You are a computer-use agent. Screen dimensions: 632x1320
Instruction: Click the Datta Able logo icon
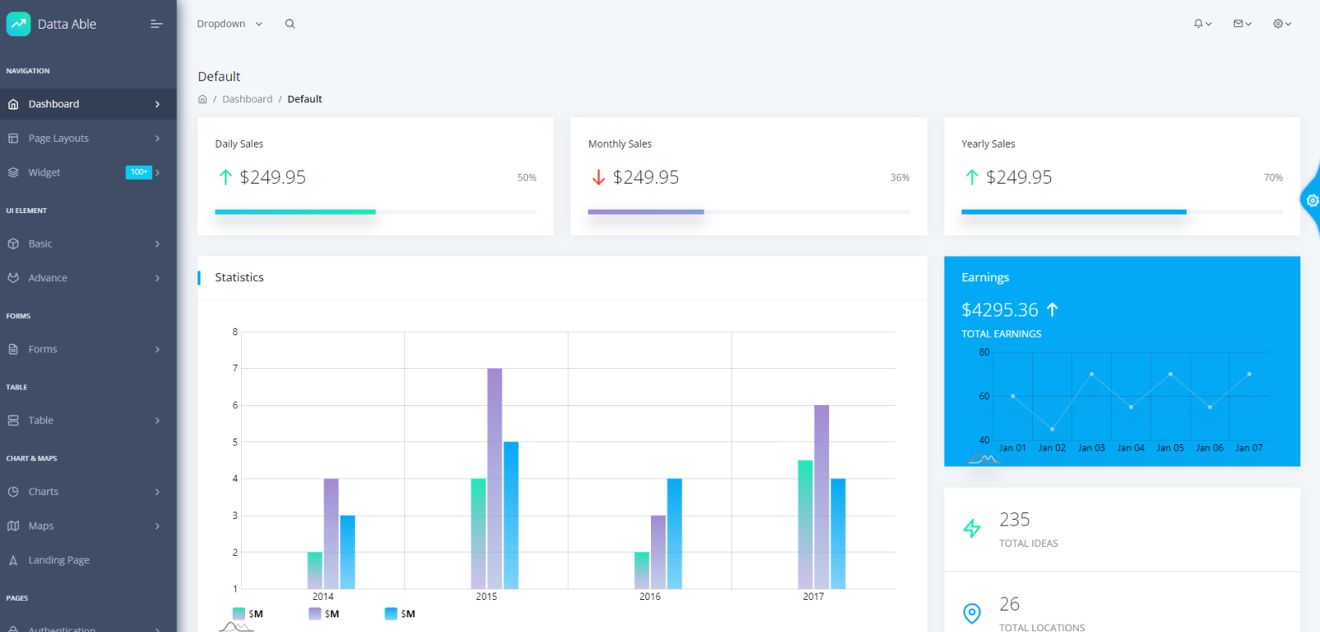pos(18,24)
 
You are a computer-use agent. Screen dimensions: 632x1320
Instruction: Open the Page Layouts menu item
pos(59,139)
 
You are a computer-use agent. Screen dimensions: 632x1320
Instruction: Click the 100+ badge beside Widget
pos(139,172)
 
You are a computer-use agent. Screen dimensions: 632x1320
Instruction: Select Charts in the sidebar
pos(43,492)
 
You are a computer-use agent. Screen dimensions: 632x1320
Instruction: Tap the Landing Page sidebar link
pos(59,560)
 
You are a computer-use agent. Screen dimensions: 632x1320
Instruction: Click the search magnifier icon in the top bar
pos(290,24)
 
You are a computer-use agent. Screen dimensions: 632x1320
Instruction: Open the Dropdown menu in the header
pos(229,24)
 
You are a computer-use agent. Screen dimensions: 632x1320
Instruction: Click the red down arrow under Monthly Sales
pos(598,177)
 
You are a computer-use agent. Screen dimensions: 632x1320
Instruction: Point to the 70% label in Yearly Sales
pos(1272,177)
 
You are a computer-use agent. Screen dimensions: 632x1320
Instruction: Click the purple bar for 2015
pos(494,479)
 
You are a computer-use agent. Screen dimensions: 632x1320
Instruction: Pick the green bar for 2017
pos(805,524)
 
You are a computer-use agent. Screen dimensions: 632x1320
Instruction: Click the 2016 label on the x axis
pos(649,597)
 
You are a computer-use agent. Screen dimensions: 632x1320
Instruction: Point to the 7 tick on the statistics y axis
pos(235,368)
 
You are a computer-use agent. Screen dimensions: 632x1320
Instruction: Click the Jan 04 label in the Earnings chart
pos(1130,448)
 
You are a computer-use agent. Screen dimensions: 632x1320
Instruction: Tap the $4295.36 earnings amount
pos(1000,310)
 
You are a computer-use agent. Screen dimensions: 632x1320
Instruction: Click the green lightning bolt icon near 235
pos(972,528)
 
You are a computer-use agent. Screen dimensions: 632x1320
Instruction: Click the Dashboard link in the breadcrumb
pos(247,99)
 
